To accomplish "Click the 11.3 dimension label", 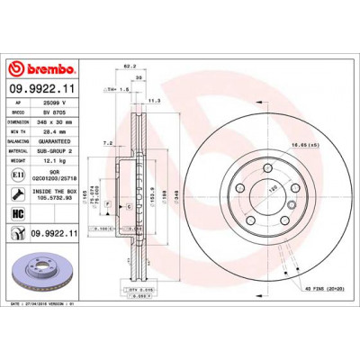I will (x=153, y=101).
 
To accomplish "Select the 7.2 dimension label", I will (x=108, y=142).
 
